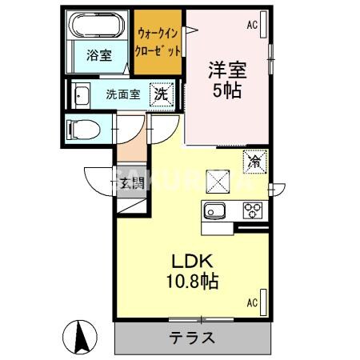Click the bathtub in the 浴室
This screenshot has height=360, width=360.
click(97, 29)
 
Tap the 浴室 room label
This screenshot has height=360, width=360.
click(98, 55)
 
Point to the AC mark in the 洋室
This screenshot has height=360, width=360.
click(252, 25)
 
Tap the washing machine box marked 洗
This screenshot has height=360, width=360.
click(162, 93)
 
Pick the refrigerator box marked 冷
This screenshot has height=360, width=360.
click(254, 162)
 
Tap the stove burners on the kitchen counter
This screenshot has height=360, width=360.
click(254, 211)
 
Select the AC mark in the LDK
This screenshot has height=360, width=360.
click(251, 302)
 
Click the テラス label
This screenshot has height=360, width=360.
click(192, 337)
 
